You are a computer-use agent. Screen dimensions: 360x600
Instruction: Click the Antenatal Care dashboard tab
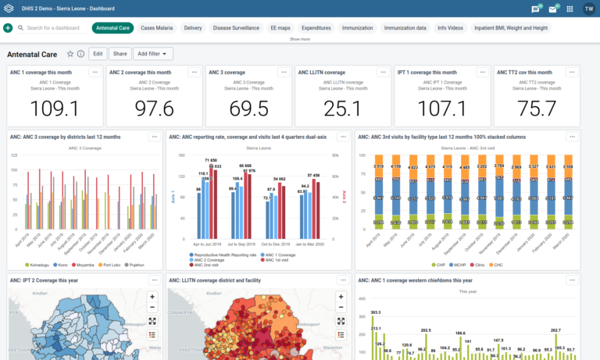coord(112,28)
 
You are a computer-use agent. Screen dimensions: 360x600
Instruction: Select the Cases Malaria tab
coord(156,28)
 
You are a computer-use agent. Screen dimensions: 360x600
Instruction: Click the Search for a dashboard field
coord(55,28)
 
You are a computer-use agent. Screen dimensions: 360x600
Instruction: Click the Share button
coord(120,54)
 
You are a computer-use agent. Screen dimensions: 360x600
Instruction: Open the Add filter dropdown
coord(152,54)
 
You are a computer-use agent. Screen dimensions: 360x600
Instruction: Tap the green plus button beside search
coord(8,28)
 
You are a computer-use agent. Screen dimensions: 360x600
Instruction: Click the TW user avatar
coord(588,9)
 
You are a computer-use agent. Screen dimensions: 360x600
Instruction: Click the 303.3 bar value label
coord(376,312)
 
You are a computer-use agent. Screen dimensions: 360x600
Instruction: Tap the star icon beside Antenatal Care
coord(70,54)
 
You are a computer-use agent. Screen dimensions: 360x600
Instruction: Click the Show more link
coord(300,38)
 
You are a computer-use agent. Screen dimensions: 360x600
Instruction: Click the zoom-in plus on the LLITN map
coord(341,297)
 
